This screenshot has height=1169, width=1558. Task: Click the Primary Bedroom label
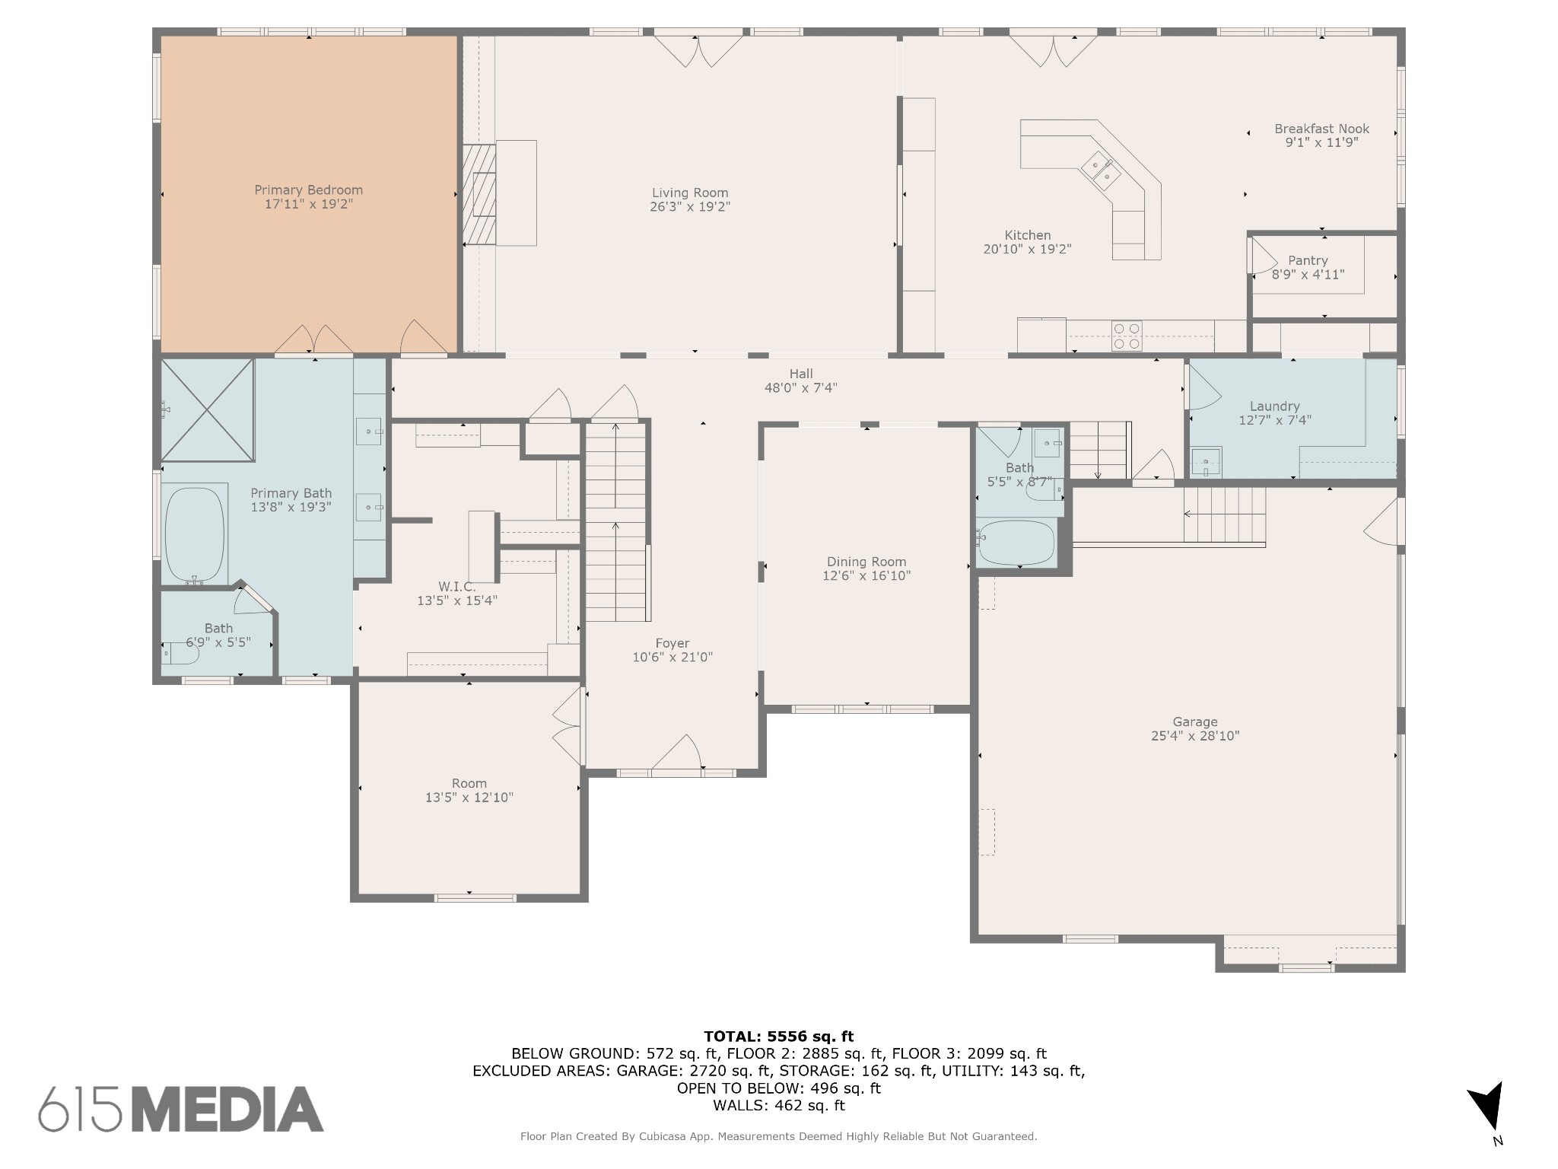click(x=308, y=190)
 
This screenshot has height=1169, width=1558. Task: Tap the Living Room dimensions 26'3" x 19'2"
click(x=689, y=207)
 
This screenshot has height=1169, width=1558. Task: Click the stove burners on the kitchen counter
click(x=1127, y=336)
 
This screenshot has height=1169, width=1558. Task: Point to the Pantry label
click(x=1308, y=261)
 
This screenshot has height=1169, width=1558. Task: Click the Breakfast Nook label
click(x=1321, y=129)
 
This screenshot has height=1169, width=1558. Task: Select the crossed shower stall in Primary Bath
click(x=207, y=410)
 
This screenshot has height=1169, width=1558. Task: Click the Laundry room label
click(x=1274, y=406)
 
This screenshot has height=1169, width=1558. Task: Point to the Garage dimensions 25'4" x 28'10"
click(x=1194, y=736)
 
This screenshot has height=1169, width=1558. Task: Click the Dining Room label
click(x=866, y=562)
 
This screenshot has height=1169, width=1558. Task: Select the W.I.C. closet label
click(x=456, y=587)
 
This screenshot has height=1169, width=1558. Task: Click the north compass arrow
click(x=1487, y=1107)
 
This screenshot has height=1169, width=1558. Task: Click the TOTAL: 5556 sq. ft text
click(x=778, y=1036)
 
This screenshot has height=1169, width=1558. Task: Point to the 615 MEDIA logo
click(x=181, y=1109)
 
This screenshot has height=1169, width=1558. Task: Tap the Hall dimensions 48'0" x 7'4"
click(x=800, y=387)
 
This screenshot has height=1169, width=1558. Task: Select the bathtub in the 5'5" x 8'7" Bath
click(x=1017, y=543)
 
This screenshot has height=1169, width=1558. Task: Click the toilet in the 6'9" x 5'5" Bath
click(x=180, y=653)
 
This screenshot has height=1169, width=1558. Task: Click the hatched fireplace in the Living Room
click(x=479, y=194)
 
